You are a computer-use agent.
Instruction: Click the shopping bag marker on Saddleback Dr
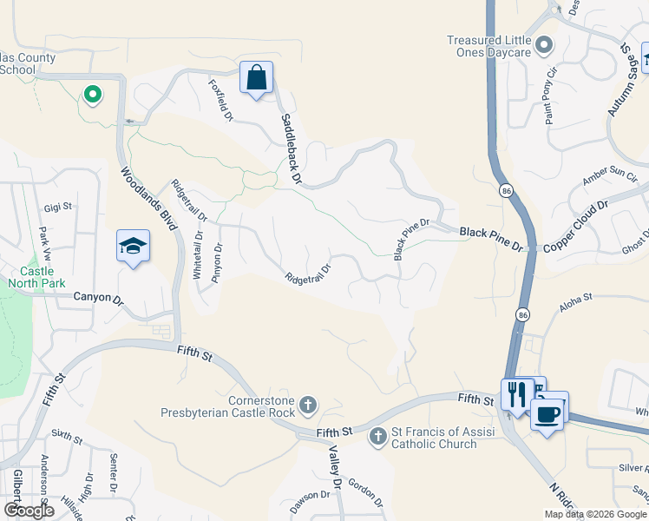coord(257,78)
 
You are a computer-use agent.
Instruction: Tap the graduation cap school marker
coord(134,247)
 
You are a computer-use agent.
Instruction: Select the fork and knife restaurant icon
coord(516,394)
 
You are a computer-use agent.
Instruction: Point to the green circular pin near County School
coord(92,94)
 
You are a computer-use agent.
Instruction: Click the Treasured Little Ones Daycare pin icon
coord(544,44)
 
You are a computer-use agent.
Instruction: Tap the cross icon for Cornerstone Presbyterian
coord(308,405)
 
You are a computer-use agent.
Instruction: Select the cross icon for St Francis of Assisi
coord(377,436)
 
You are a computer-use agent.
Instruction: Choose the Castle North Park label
coord(36,276)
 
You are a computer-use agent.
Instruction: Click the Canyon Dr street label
coord(100,298)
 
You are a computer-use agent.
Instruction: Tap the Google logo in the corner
coord(29,511)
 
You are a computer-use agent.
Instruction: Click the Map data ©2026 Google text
coord(594,514)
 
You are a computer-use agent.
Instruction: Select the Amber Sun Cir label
coord(610,175)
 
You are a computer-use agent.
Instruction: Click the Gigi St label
coord(59,208)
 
